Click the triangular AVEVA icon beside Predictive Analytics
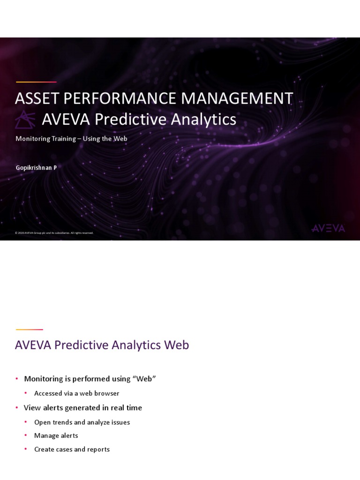25,120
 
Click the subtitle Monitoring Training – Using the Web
71,139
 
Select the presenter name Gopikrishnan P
36,168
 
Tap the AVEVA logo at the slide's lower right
328,228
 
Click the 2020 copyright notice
54,233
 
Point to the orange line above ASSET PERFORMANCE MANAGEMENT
36,82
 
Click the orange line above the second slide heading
29,330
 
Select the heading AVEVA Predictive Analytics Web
102,345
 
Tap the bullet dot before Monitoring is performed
16,379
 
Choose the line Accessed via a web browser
76,393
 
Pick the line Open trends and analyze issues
82,422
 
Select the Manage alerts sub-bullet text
56,435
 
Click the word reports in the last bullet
97,449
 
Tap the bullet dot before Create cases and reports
26,449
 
